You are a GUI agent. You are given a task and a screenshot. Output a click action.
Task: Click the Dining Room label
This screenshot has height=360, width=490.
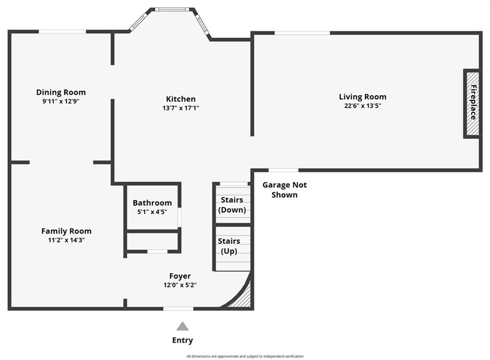(61, 92)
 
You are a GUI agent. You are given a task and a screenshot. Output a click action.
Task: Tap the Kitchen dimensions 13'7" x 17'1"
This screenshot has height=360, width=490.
(180, 108)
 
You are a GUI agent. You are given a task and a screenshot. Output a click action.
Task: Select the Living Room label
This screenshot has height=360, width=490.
(363, 97)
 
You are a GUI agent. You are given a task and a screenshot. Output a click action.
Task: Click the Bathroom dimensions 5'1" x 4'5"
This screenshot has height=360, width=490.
(152, 212)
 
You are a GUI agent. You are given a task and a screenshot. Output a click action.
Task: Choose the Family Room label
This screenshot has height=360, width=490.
(66, 231)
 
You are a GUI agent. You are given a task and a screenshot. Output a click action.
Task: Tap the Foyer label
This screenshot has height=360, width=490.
(180, 276)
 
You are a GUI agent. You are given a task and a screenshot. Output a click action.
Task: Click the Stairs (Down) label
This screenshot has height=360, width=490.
(232, 205)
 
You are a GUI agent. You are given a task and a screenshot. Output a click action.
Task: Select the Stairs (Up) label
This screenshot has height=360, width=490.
(229, 246)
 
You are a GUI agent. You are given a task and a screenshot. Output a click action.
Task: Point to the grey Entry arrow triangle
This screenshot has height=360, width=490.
(182, 327)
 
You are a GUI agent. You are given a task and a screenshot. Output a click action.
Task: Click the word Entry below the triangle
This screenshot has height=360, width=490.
(182, 340)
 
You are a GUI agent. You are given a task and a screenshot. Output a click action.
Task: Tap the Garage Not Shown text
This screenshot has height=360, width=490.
(284, 190)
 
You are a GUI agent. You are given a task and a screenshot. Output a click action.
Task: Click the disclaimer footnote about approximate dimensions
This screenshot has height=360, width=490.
(245, 356)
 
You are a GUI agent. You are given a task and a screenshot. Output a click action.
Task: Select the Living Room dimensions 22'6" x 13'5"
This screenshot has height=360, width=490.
(363, 106)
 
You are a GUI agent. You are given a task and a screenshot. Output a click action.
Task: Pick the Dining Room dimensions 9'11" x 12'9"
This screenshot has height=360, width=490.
(61, 101)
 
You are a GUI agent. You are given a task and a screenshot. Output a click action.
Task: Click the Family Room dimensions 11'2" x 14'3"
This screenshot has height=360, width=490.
(66, 240)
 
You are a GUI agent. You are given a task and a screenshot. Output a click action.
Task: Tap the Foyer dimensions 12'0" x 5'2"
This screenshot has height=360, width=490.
(180, 285)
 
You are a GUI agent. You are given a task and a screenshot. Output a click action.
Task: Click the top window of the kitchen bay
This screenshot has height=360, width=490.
(172, 10)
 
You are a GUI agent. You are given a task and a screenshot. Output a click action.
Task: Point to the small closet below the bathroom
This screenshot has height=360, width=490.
(152, 241)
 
